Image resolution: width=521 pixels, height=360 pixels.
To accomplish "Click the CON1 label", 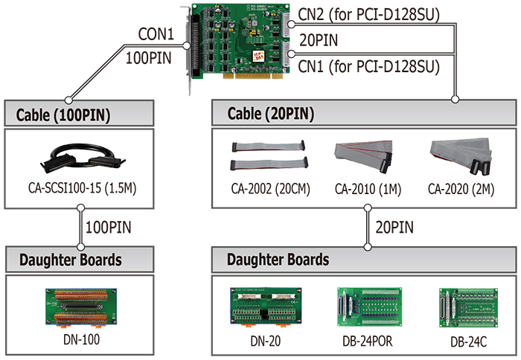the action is (156, 34).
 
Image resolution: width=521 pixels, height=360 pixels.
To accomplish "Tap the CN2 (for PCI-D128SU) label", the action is (369, 14).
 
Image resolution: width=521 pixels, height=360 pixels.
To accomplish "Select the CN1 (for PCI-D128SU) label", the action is (369, 66).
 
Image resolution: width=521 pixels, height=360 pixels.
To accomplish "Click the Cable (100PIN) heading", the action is (63, 115).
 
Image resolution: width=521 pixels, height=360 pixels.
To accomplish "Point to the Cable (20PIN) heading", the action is (271, 114).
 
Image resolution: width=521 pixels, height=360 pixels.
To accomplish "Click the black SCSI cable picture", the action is (83, 158).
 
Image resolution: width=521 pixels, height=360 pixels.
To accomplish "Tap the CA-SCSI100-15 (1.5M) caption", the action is (83, 188).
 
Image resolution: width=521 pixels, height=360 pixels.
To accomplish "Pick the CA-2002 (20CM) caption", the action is (270, 189).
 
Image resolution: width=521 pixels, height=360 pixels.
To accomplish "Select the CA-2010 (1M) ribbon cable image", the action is (364, 155).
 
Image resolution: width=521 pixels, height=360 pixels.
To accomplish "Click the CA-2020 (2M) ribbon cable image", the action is (461, 155).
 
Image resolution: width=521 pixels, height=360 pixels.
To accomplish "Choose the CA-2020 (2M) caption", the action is (461, 189).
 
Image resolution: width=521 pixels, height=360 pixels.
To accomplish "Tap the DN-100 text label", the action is (81, 339).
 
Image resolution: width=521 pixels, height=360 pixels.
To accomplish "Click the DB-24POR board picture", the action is (369, 307).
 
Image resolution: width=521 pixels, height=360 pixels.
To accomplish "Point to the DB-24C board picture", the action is (468, 308).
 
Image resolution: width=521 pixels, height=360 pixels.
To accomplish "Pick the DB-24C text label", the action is (468, 341).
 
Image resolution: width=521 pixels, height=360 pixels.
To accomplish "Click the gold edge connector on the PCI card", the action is (253, 76).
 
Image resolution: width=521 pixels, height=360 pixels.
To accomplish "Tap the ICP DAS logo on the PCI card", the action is (258, 56).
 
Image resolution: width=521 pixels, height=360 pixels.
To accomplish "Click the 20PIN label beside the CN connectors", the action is (319, 40).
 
